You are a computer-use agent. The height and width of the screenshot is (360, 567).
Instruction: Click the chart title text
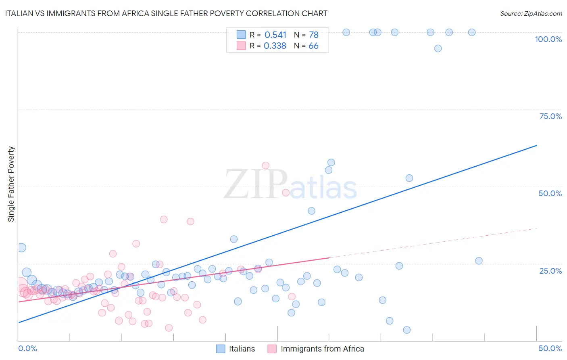pyautogui.click(x=166, y=13)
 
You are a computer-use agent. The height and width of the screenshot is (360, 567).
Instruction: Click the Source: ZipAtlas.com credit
pyautogui.click(x=531, y=13)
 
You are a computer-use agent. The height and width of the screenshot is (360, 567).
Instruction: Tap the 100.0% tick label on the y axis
pyautogui.click(x=548, y=39)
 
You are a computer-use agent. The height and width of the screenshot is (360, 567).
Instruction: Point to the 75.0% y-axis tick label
pyautogui.click(x=550, y=116)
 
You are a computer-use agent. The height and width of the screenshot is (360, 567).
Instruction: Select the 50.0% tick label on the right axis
pyautogui.click(x=550, y=193)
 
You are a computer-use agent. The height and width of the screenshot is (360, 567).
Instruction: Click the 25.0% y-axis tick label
pyautogui.click(x=550, y=270)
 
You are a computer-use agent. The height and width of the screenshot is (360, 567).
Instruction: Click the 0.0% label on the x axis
pyautogui.click(x=27, y=348)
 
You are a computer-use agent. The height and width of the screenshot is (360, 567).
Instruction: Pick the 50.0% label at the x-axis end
pyautogui.click(x=550, y=348)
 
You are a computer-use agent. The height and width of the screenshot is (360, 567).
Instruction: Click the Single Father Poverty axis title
pyautogui.click(x=11, y=184)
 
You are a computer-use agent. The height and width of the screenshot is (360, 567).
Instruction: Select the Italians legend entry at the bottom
pyautogui.click(x=236, y=349)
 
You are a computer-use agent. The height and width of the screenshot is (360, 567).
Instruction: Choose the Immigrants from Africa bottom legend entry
pyautogui.click(x=316, y=349)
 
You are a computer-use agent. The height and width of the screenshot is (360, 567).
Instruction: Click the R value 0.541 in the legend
pyautogui.click(x=275, y=35)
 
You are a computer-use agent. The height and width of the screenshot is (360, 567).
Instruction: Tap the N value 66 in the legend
pyautogui.click(x=313, y=46)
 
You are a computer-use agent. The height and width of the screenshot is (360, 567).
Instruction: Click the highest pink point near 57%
pyautogui.click(x=265, y=165)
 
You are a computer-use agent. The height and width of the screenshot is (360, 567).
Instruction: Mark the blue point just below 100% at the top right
pyautogui.click(x=438, y=48)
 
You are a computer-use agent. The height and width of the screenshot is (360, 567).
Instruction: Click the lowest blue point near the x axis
pyautogui.click(x=406, y=330)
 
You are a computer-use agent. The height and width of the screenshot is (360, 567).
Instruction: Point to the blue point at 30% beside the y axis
pyautogui.click(x=21, y=248)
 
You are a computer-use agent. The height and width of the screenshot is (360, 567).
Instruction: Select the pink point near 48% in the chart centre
pyautogui.click(x=286, y=193)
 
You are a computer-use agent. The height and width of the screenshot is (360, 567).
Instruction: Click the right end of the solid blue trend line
pyautogui.click(x=537, y=145)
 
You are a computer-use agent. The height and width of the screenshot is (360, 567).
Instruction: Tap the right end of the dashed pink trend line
pyautogui.click(x=537, y=228)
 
